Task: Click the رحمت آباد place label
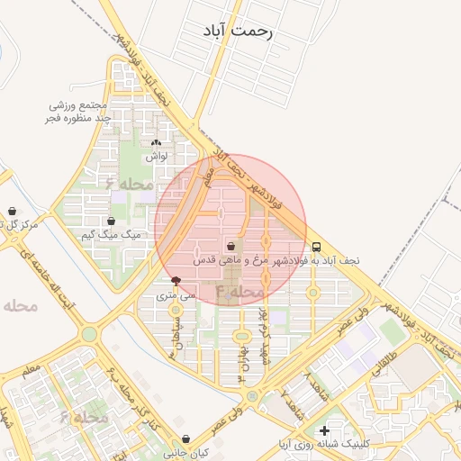[238, 31]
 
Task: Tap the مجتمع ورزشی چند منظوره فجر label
[79, 112]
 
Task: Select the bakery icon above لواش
[157, 142]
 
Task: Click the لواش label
[157, 156]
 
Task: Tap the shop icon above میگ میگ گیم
[111, 221]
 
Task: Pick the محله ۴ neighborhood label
[239, 293]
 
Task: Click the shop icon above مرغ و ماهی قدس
[231, 245]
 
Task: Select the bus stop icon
[316, 246]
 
